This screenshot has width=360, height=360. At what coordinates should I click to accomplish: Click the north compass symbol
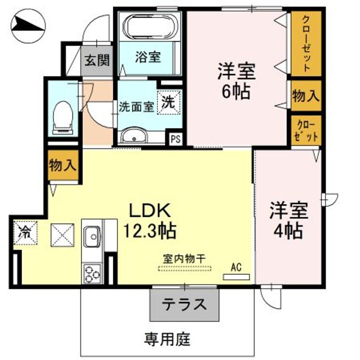(28, 25)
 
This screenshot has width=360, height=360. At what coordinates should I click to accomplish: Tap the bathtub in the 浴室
(150, 27)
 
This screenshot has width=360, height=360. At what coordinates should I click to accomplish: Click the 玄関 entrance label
(97, 60)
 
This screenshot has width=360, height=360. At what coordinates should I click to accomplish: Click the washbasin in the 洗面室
(134, 136)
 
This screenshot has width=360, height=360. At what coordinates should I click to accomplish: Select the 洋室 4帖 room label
(288, 220)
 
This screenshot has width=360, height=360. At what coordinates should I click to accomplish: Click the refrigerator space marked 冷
(25, 233)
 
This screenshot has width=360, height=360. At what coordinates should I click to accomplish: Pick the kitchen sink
(92, 237)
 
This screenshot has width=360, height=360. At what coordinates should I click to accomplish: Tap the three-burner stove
(92, 273)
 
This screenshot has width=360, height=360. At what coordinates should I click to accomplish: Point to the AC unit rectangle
(236, 277)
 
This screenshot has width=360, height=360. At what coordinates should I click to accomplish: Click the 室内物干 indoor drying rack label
(184, 259)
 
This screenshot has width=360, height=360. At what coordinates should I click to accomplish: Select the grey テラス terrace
(184, 304)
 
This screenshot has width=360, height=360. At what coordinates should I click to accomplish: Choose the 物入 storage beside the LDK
(62, 165)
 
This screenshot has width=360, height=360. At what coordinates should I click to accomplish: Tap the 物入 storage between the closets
(306, 95)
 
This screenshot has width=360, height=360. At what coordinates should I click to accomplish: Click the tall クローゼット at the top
(306, 43)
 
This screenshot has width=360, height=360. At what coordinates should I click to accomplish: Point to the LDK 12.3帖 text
(150, 220)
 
